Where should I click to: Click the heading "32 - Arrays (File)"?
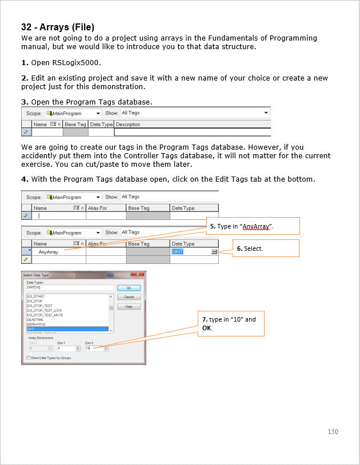coord(58,27)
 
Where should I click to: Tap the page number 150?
coord(333,431)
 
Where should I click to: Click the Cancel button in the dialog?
coord(129,297)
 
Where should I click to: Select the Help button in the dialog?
coord(129,307)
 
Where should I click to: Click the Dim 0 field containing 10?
coord(94,348)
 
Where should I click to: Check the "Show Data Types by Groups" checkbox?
coord(28,358)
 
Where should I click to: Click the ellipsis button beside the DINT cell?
coord(214,251)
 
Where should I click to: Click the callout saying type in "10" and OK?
coord(231,323)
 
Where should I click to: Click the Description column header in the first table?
coord(128,124)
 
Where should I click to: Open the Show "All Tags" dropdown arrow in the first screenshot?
coord(266,113)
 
